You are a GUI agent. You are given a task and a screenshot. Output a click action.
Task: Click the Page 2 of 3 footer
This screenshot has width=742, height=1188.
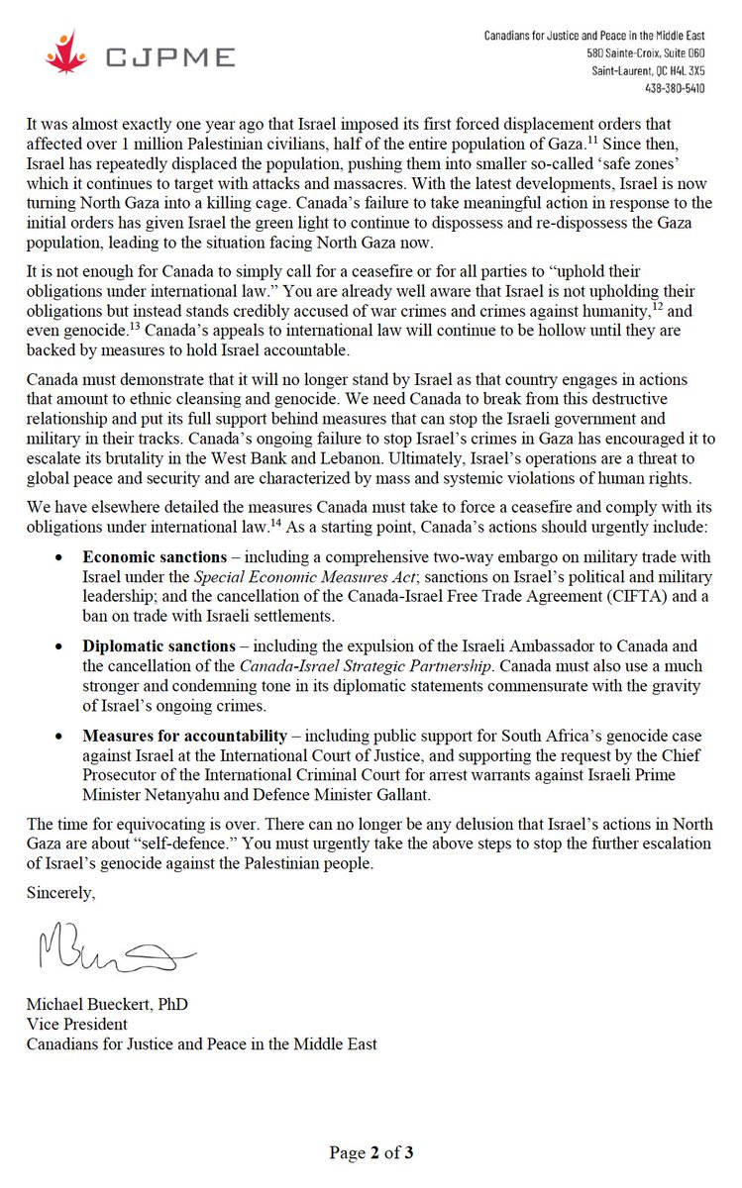pos(371,1152)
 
